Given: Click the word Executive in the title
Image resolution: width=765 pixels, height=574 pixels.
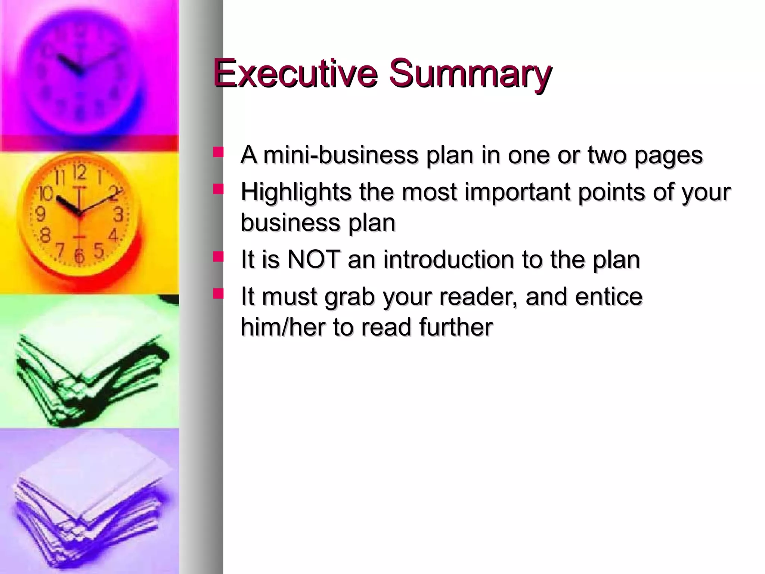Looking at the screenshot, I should coord(295,73).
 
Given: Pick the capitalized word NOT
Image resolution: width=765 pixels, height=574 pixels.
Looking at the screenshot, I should coord(314,259).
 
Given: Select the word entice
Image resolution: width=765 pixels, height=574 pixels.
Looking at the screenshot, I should coord(609,296).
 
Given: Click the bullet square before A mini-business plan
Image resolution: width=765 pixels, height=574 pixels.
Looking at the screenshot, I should coord(218,152).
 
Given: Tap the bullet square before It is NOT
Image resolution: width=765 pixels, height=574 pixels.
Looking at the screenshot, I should coord(218,257).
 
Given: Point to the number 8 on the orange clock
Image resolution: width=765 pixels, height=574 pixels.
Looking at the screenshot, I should coord(45,235).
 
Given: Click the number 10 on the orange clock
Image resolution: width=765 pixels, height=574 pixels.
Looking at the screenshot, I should coord(46,194).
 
